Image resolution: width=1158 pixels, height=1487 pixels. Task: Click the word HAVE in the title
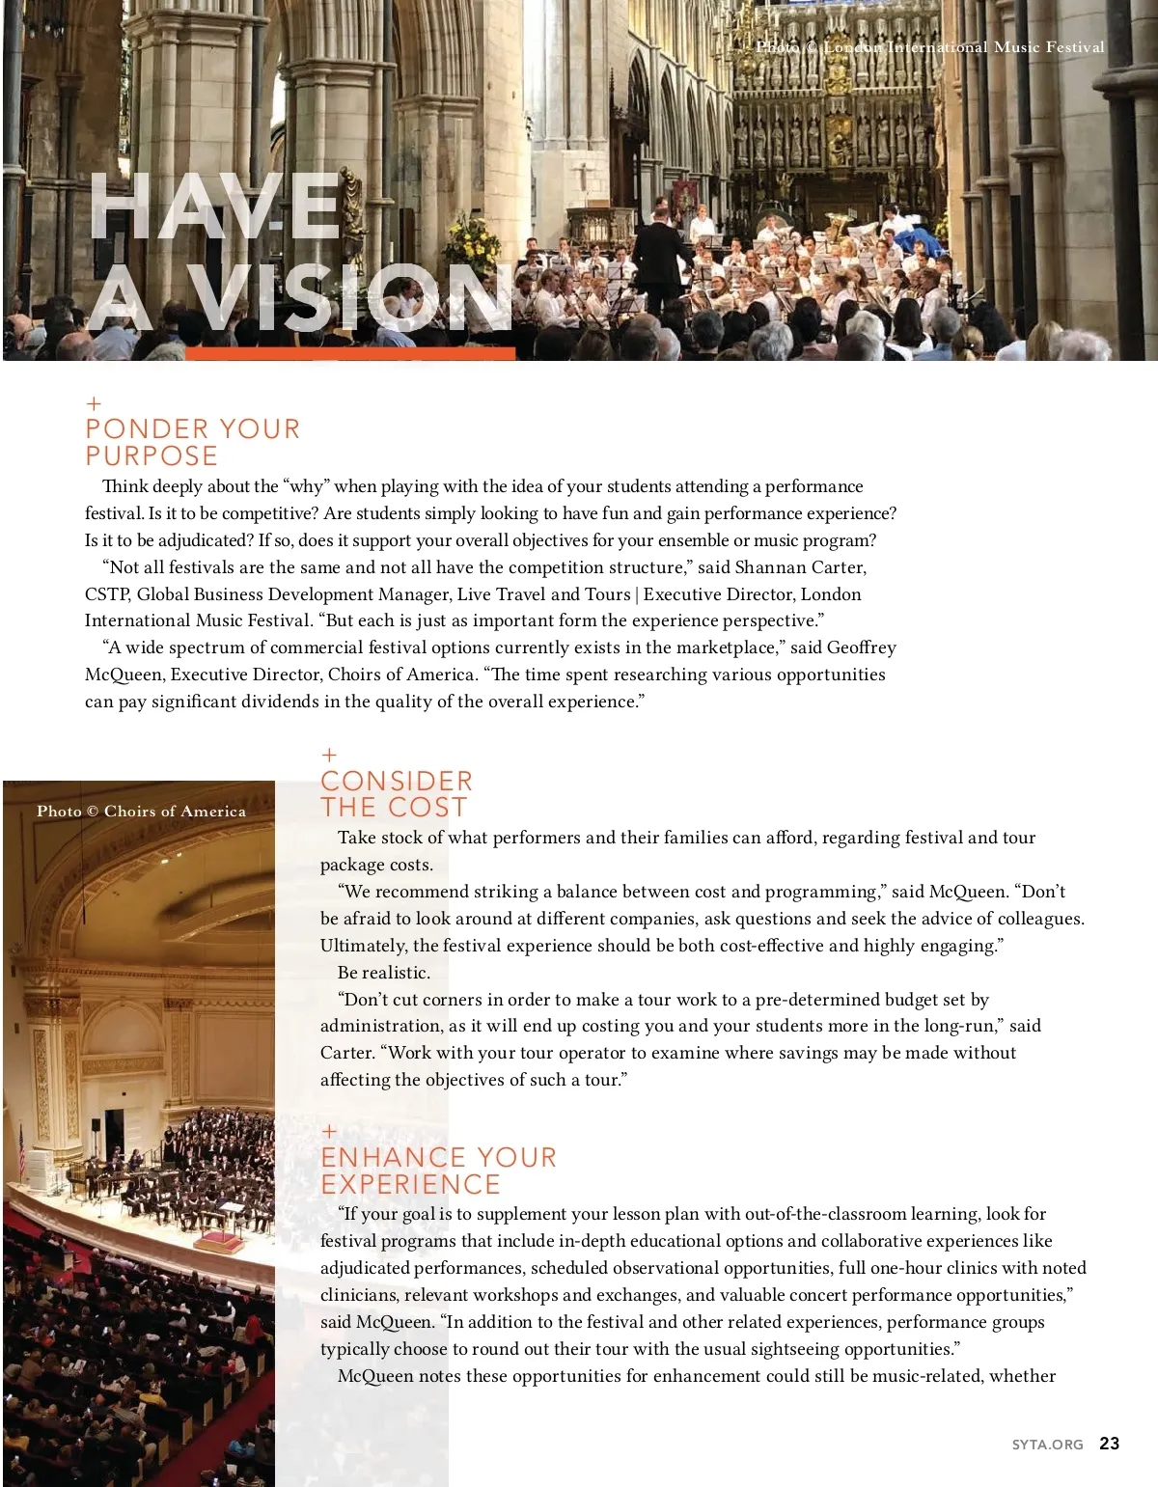coord(214,207)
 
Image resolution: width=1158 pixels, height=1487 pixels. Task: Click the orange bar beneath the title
coord(349,354)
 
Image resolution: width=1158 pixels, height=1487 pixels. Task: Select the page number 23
coord(1110,1444)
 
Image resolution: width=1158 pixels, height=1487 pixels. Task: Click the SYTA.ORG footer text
coord(1047,1445)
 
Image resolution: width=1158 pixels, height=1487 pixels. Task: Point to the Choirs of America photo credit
coord(141,812)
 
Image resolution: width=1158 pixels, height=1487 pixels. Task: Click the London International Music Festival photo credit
coord(930,47)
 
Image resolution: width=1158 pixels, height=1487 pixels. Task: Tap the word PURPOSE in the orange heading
coord(152,455)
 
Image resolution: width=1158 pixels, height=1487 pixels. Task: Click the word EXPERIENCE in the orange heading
coord(410,1184)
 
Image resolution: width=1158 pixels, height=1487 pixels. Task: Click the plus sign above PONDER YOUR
coord(94,403)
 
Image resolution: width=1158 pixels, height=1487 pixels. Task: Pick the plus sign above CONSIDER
coord(329,755)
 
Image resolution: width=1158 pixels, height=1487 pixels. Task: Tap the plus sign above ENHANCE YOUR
coord(329,1131)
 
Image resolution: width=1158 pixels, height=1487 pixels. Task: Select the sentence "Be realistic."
coord(384,973)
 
